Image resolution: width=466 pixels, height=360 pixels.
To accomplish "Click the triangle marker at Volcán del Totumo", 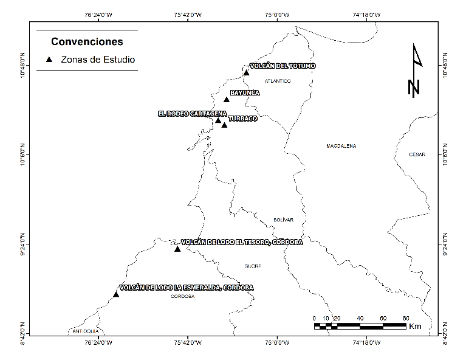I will coord(246,73).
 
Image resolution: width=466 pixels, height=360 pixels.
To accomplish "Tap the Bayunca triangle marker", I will coord(226,99).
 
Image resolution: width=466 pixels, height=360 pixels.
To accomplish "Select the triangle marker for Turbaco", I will coord(224,125).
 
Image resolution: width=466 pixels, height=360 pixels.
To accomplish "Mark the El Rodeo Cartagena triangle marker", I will coord(218,120).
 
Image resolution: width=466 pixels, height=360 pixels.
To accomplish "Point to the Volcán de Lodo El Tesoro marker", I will coord(177,249).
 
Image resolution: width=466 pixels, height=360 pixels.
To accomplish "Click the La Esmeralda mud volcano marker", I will coord(115,294).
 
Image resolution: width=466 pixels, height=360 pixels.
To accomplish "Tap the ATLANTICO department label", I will coord(278,81).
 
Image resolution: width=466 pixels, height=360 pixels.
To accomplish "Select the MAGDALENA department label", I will coord(341,146).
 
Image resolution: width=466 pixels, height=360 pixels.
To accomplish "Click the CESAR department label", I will coord(417,154).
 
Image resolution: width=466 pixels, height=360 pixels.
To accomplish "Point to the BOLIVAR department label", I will coord(283,220).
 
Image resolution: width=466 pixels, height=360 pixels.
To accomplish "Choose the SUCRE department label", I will coord(253,266).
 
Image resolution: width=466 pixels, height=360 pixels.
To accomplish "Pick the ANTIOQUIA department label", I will coord(86,331).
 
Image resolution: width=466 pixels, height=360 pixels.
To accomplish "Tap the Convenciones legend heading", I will coord(87,42).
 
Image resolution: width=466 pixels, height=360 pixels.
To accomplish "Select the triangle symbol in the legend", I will coord(50,60).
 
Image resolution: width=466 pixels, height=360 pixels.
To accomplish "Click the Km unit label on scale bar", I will coord(416,327).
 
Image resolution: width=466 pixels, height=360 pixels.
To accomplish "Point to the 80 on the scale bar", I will coord(405,318).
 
